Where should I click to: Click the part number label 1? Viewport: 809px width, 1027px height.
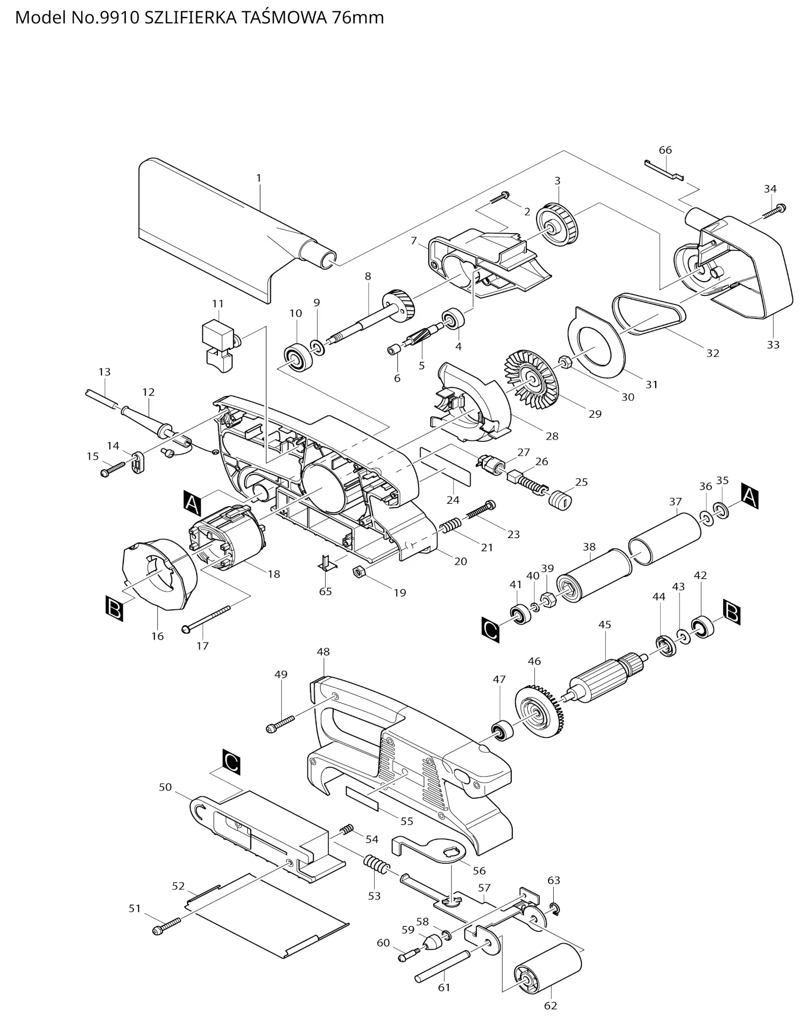coord(259,178)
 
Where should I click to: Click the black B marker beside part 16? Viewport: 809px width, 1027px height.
coord(114,608)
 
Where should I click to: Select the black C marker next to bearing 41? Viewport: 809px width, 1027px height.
coord(490,630)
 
